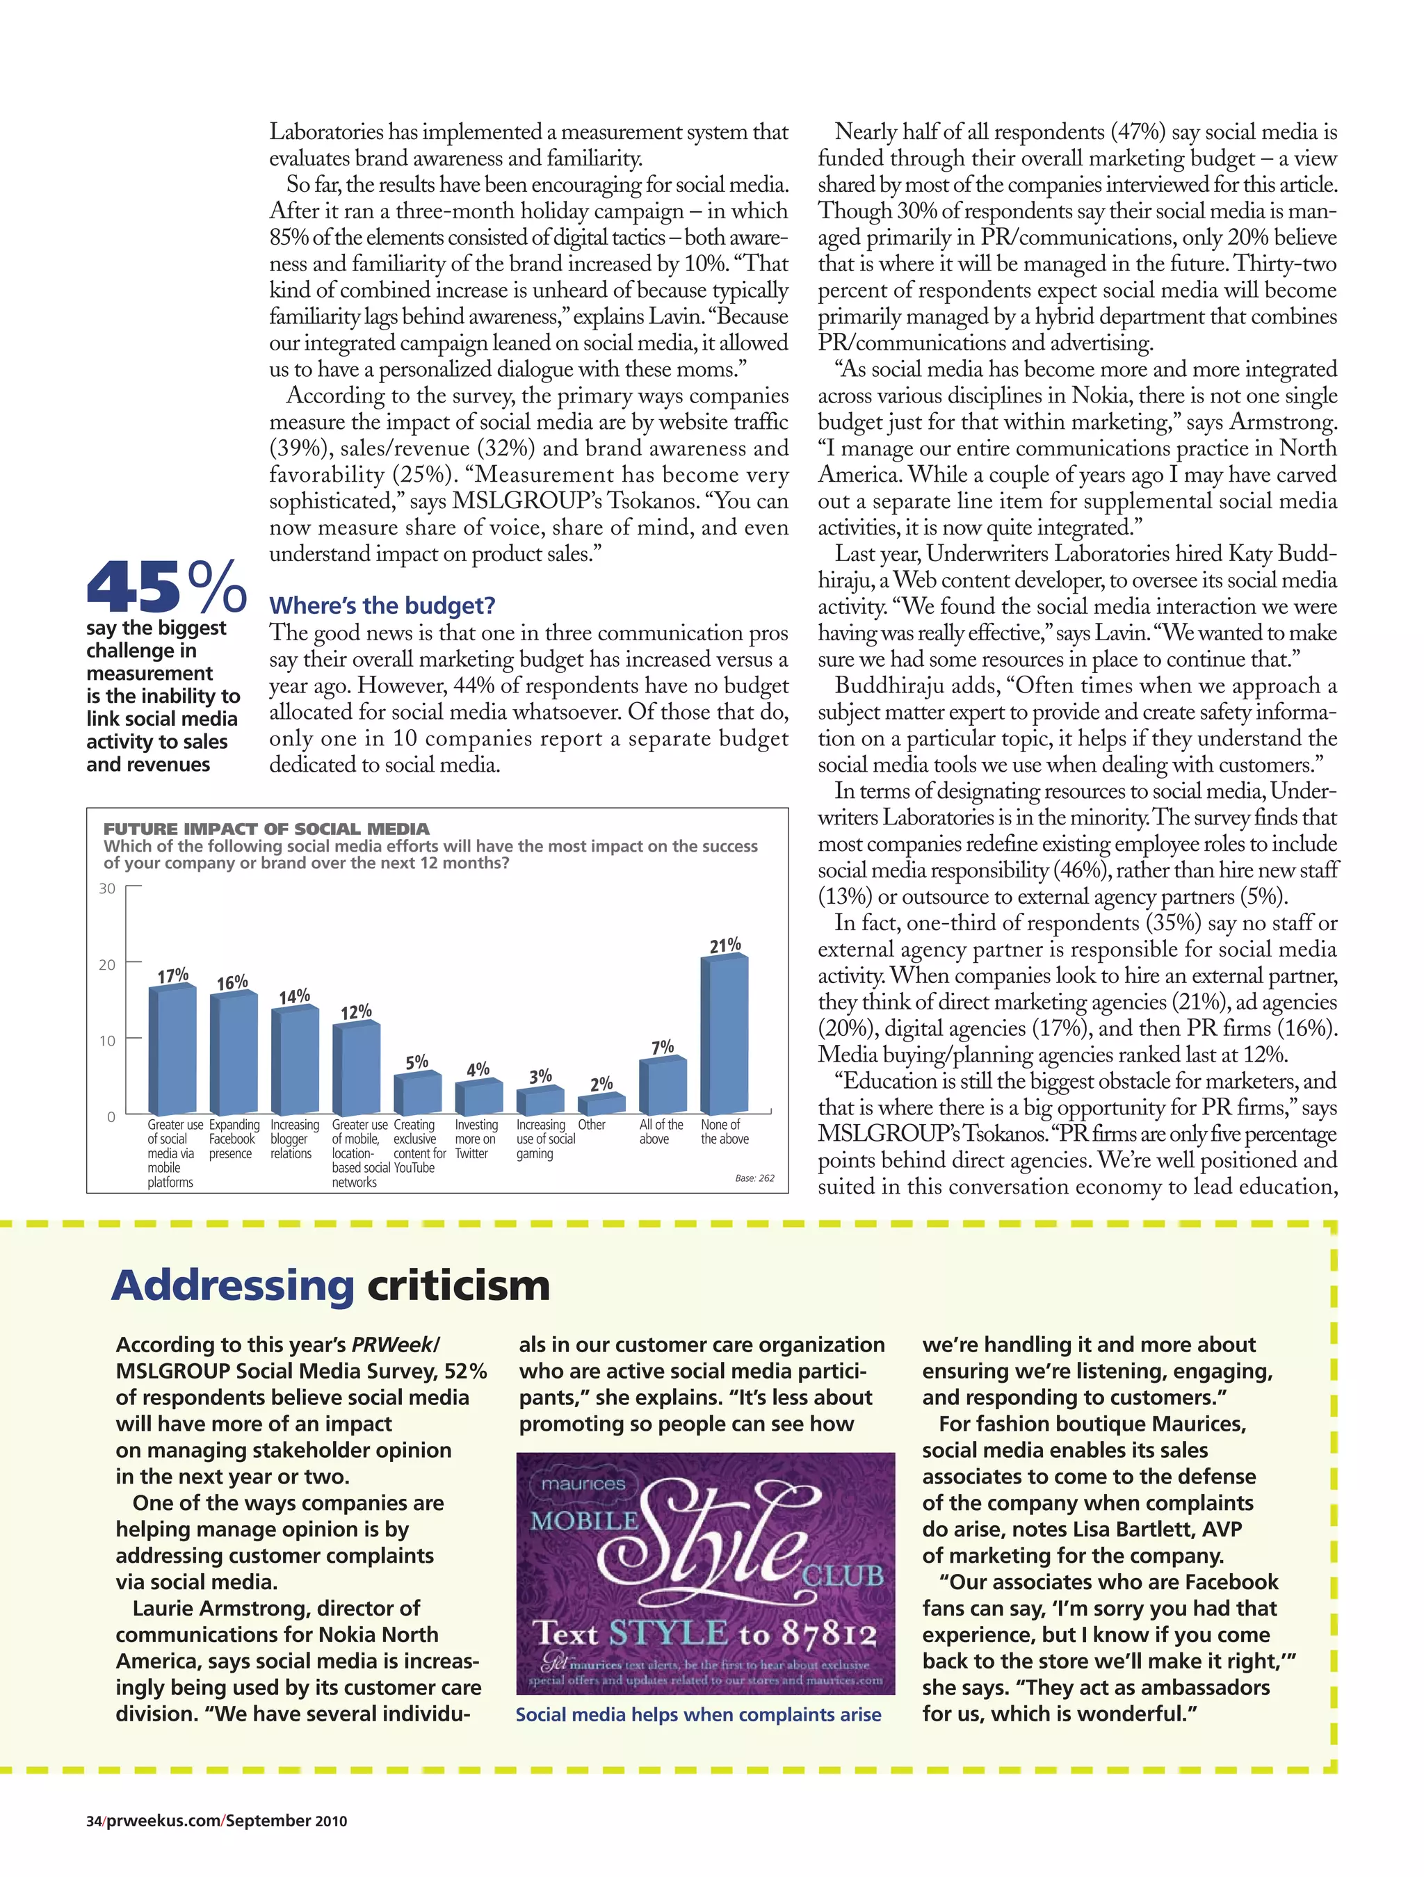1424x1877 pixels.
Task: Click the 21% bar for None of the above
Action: tap(724, 1034)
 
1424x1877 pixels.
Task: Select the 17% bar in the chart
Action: tap(172, 1050)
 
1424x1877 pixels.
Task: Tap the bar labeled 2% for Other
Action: tap(601, 1104)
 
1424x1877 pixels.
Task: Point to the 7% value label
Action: tap(663, 1047)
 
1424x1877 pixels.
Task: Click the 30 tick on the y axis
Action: tap(107, 888)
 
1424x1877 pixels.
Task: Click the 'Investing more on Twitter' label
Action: tap(476, 1139)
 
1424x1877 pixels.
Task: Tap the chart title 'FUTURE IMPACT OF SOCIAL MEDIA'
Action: tap(266, 828)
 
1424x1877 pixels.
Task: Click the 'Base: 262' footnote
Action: tap(754, 1178)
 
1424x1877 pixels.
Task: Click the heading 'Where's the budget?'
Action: tap(382, 606)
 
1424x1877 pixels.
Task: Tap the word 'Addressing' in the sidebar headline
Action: tap(232, 1285)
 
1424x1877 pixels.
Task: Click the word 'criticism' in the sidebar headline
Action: tap(458, 1285)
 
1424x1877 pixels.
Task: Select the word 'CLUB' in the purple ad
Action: tap(843, 1576)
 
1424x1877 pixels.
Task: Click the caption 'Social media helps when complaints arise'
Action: tap(698, 1714)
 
